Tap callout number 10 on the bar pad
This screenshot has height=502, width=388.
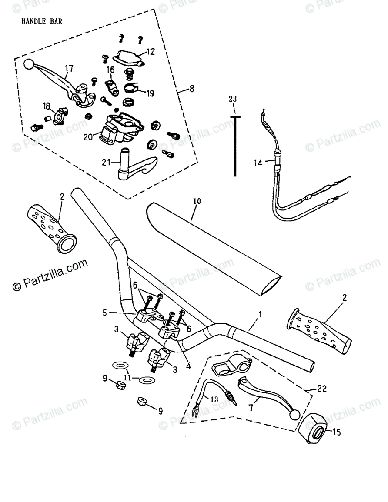click(x=197, y=201)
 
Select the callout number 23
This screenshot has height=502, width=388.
click(x=233, y=99)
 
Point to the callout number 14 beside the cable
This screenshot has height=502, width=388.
click(x=258, y=163)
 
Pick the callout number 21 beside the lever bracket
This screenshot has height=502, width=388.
click(x=106, y=163)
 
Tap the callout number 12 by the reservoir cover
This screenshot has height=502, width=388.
click(x=150, y=52)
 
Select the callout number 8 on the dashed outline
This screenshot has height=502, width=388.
click(x=191, y=90)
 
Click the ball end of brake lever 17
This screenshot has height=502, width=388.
click(x=29, y=64)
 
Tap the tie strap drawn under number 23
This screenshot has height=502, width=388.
click(x=235, y=146)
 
